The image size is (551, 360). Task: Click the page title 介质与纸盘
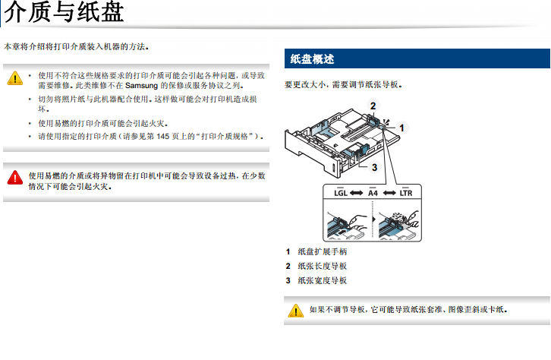64,12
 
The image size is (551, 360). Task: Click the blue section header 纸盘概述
312,58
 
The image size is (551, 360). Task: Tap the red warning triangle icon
14,178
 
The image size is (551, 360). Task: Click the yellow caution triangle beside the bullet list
14,78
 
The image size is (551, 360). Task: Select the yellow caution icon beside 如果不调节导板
295,311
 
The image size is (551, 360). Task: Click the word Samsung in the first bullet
141,85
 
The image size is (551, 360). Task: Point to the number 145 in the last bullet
162,136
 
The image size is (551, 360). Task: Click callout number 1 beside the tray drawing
401,128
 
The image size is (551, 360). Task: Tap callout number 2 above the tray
373,106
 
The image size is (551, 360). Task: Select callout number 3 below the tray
375,167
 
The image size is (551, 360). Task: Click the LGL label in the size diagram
341,193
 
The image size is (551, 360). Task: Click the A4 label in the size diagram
373,193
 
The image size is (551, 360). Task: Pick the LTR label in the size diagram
406,193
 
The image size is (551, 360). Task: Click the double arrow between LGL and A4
356,193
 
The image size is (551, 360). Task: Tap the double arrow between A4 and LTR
389,193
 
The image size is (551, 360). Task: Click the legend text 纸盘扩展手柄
323,251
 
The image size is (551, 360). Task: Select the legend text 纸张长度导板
323,266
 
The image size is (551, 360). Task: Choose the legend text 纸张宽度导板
323,280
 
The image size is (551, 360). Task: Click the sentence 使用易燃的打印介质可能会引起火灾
103,123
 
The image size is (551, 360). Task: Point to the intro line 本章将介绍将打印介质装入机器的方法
76,46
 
